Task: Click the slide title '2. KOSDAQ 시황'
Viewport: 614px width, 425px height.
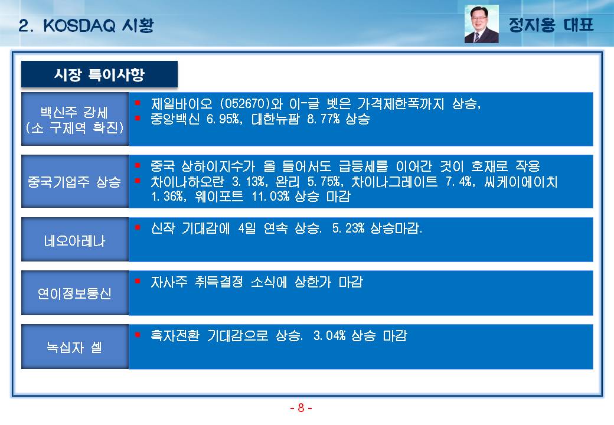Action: click(86, 26)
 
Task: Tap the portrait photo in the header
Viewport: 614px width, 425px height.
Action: click(481, 24)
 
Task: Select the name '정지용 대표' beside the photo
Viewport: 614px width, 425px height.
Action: click(551, 25)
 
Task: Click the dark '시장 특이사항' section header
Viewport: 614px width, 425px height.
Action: click(99, 74)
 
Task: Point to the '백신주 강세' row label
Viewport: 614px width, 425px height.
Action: click(74, 112)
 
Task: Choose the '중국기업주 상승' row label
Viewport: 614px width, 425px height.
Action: click(74, 182)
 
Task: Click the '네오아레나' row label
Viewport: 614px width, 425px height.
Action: click(74, 240)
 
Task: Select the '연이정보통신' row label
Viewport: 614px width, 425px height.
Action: click(74, 293)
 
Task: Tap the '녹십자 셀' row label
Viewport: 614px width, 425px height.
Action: click(74, 346)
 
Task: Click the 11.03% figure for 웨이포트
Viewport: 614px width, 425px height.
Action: click(270, 196)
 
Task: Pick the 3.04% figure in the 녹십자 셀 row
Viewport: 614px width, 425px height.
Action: click(329, 335)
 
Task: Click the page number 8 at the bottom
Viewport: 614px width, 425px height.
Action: click(301, 408)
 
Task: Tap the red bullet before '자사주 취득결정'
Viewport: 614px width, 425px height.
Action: click(138, 281)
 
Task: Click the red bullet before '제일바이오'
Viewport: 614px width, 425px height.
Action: click(138, 103)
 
